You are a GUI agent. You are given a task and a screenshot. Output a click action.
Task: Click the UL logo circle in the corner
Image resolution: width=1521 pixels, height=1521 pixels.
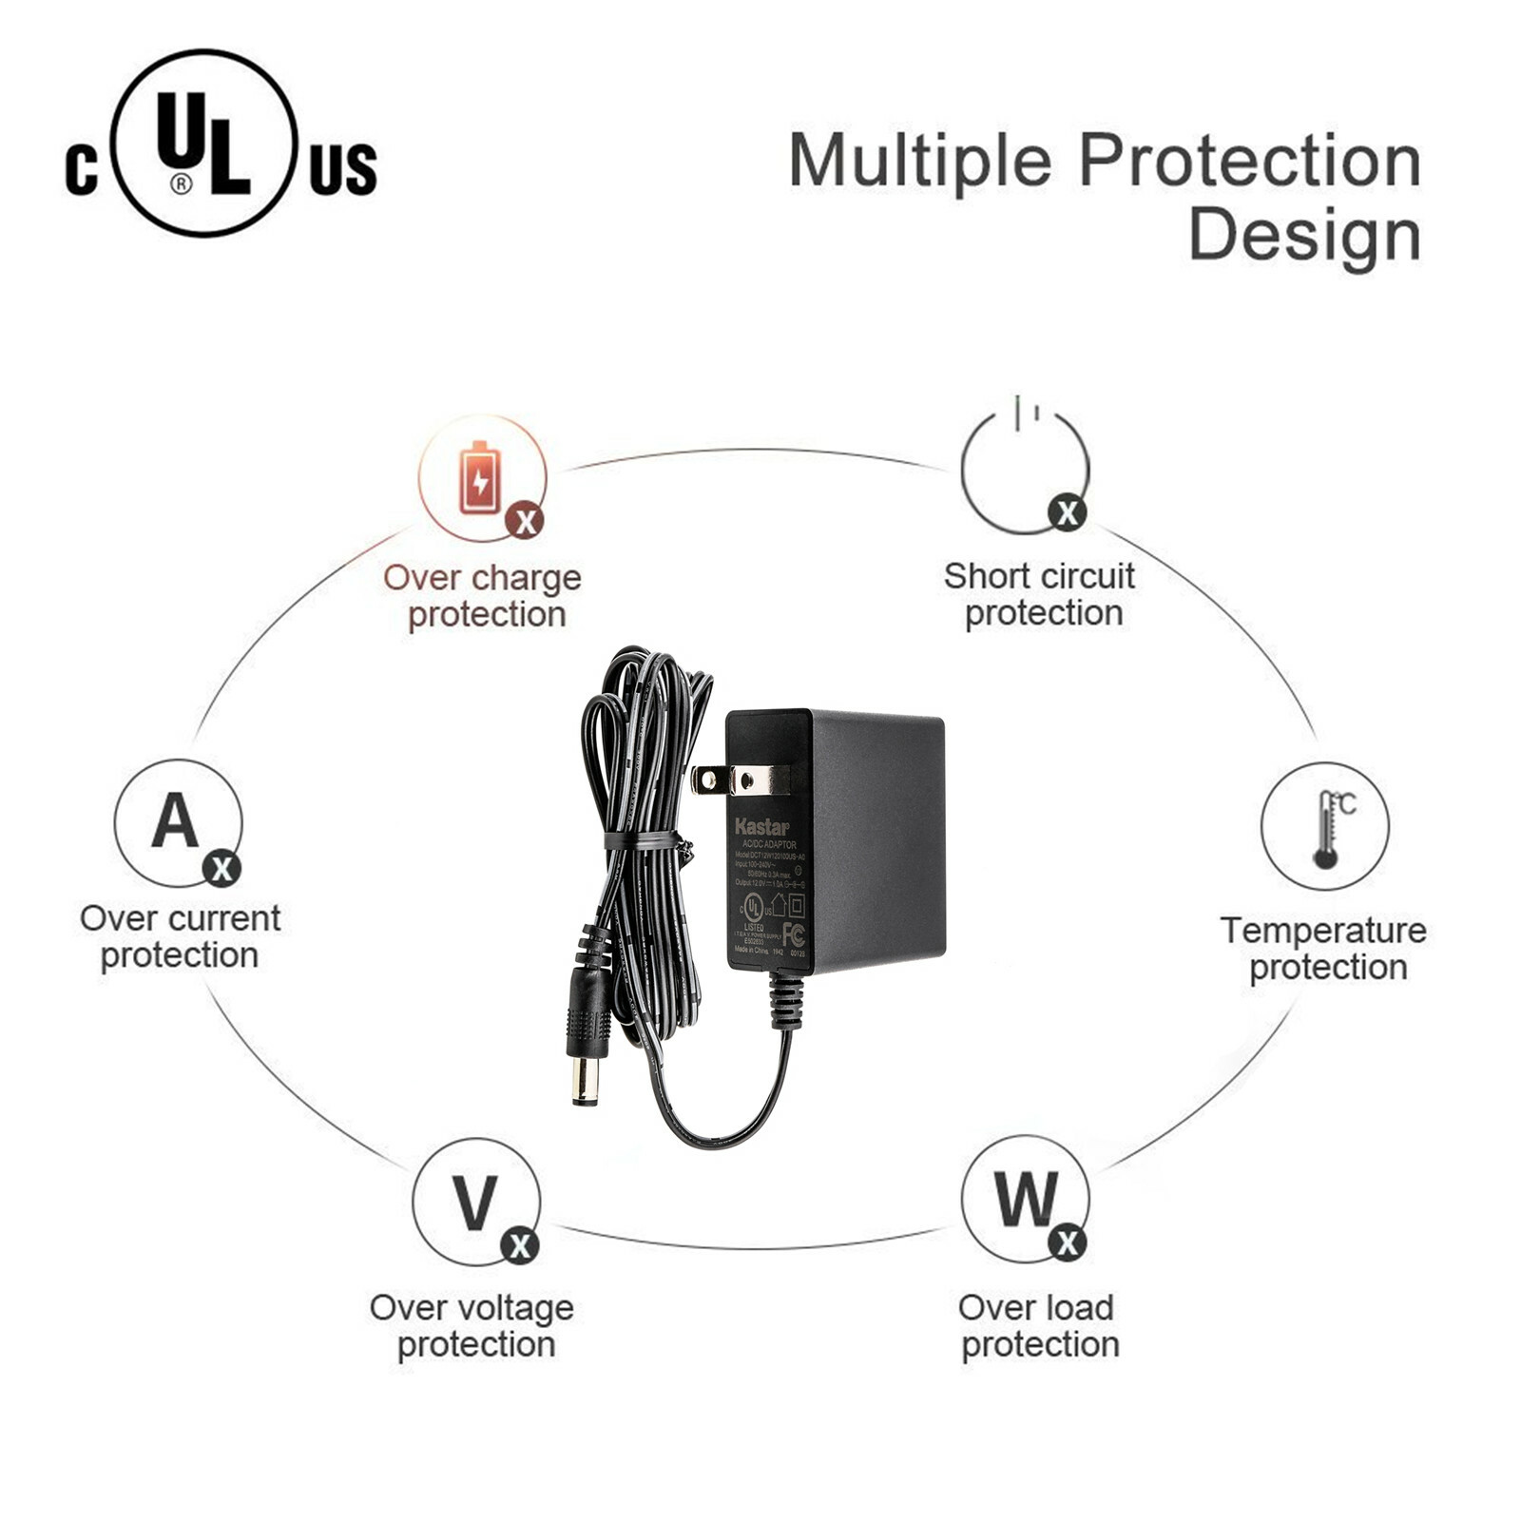click(x=203, y=143)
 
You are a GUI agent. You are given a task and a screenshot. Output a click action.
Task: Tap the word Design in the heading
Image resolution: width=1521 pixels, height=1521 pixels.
click(x=1304, y=235)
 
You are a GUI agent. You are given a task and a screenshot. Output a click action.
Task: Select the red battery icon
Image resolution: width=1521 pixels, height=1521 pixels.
click(x=480, y=478)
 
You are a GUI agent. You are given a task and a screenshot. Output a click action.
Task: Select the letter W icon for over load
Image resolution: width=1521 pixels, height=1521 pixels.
click(x=1025, y=1200)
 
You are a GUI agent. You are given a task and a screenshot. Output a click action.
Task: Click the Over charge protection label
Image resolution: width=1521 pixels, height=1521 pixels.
click(x=483, y=596)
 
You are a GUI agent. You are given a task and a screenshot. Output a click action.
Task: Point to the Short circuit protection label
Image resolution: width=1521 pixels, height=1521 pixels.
click(x=1040, y=594)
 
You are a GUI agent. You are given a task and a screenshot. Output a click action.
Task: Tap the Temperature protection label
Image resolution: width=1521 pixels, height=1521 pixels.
click(x=1323, y=949)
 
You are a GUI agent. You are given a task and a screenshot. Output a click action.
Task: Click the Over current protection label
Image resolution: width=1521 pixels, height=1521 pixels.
click(x=180, y=936)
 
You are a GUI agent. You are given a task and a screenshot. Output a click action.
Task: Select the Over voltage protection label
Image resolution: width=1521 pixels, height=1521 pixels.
click(x=472, y=1325)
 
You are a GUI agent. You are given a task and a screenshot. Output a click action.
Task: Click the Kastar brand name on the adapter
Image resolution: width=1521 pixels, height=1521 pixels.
click(x=761, y=826)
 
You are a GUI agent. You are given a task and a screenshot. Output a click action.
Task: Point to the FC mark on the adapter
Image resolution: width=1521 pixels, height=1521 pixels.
click(x=793, y=934)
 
